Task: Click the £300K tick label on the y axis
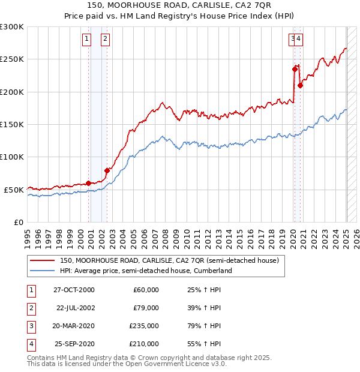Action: (12, 27)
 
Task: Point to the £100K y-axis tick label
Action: (12, 157)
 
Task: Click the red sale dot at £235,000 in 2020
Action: (295, 69)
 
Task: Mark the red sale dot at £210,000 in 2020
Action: (300, 85)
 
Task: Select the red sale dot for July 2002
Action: (107, 170)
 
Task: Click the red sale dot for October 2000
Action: (89, 183)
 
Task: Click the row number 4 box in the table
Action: (30, 344)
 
